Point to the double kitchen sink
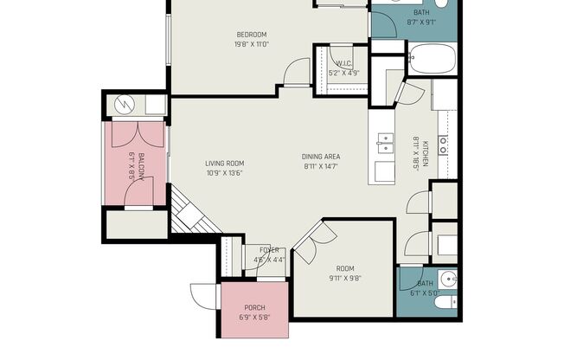(384, 144)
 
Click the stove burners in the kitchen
(444, 144)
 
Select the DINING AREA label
(319, 157)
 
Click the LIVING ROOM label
(224, 163)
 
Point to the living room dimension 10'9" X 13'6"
(224, 172)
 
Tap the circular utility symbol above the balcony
(122, 105)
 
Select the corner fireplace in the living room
(186, 212)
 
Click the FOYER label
(270, 250)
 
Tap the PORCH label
(254, 308)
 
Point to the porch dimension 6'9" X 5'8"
(254, 318)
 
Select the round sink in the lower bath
(446, 280)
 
